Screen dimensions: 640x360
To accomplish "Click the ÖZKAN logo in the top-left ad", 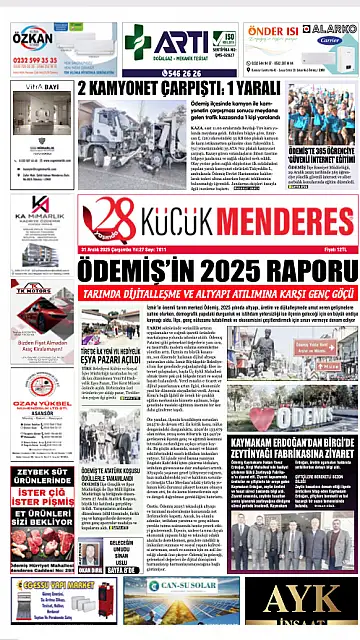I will pyautogui.click(x=32, y=39).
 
